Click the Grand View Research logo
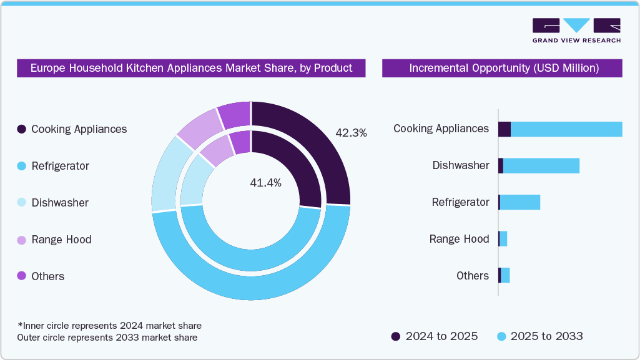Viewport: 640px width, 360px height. pyautogui.click(x=576, y=31)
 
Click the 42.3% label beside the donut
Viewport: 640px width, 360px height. pyautogui.click(x=351, y=133)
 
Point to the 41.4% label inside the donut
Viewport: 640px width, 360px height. pyautogui.click(x=266, y=183)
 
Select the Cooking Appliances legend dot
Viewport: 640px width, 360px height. pyautogui.click(x=22, y=129)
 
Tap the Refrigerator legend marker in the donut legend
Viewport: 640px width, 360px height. pyautogui.click(x=22, y=166)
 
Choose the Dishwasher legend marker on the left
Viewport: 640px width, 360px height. pyautogui.click(x=22, y=203)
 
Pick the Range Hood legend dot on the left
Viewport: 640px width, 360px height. pyautogui.click(x=22, y=240)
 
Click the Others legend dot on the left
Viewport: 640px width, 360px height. pyautogui.click(x=22, y=276)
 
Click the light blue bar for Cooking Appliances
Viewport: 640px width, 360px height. pyautogui.click(x=566, y=129)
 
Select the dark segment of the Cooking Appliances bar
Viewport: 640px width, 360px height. pyautogui.click(x=505, y=129)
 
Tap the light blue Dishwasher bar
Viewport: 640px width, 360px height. pyautogui.click(x=541, y=165)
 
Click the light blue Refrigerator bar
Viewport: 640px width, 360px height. pyautogui.click(x=519, y=202)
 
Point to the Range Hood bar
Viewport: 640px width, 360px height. pyautogui.click(x=503, y=239)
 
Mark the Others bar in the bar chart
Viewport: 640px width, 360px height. pyautogui.click(x=505, y=275)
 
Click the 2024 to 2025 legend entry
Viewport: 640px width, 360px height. pyautogui.click(x=435, y=336)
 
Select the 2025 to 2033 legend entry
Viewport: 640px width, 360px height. pyautogui.click(x=539, y=336)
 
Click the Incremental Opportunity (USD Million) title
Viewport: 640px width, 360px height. pyautogui.click(x=503, y=68)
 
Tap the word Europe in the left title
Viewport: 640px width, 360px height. pyautogui.click(x=48, y=68)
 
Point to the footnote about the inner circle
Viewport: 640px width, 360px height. pyautogui.click(x=110, y=326)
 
